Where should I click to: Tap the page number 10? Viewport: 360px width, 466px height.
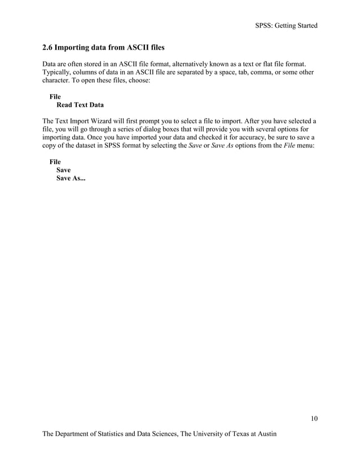tap(314, 418)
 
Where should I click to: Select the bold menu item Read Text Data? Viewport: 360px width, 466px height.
tap(80, 105)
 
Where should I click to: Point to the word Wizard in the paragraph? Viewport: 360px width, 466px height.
tap(112, 121)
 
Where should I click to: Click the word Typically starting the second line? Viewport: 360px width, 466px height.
tap(58, 73)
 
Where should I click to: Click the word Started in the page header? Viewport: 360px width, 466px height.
tap(305, 25)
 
